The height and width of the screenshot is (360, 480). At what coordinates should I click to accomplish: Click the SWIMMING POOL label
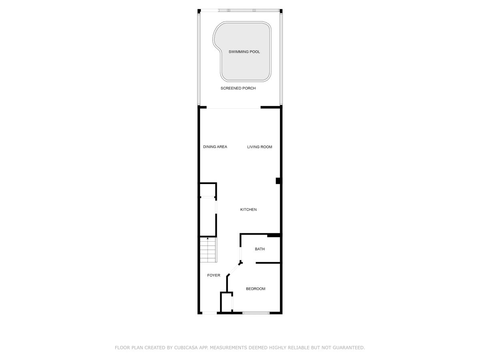(x=244, y=52)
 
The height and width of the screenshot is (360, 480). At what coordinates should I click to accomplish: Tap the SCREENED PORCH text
(x=238, y=88)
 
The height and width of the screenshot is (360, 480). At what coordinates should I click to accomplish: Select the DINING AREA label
(x=215, y=147)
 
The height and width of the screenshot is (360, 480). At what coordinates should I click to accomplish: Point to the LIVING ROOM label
(x=260, y=147)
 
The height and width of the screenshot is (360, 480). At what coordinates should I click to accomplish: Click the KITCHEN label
(x=248, y=210)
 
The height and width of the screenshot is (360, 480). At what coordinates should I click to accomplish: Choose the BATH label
(x=260, y=249)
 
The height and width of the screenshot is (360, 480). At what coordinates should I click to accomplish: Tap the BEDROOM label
(x=256, y=289)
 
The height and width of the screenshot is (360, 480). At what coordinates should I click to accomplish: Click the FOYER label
(x=214, y=276)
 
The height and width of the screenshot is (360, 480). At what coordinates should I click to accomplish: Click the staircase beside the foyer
(x=208, y=250)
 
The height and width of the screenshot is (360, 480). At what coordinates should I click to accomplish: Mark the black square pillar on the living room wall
(x=278, y=181)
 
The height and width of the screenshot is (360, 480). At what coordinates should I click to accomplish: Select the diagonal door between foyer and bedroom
(x=234, y=269)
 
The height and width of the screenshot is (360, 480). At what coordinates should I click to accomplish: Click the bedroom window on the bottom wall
(x=256, y=313)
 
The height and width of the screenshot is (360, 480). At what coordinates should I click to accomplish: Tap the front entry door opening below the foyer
(x=209, y=313)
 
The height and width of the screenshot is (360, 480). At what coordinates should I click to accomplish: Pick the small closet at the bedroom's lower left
(x=226, y=302)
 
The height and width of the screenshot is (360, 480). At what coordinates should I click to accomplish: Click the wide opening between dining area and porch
(x=234, y=108)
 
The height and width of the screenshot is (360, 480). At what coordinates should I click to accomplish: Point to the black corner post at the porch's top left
(x=199, y=11)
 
